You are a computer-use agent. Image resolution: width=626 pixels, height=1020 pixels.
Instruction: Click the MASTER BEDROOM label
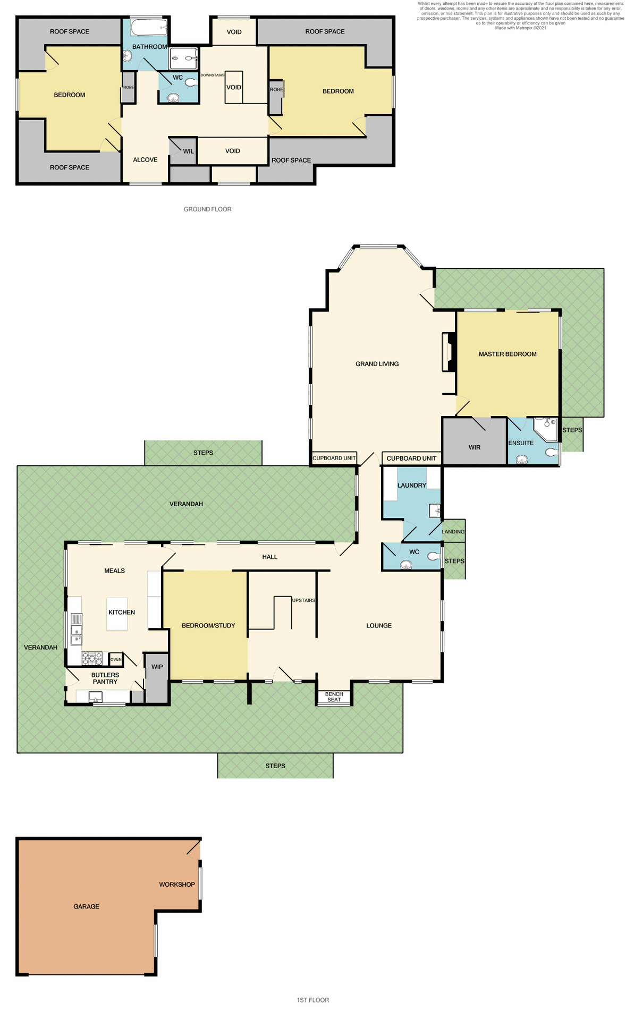tap(507, 354)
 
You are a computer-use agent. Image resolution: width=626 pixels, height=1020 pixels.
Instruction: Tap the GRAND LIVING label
tap(377, 364)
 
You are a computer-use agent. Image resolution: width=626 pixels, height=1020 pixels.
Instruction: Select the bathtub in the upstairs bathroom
tap(149, 27)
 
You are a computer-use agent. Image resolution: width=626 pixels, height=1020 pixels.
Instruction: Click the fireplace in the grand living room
tap(448, 352)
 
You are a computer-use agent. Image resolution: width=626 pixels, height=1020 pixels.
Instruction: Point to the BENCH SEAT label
tap(334, 697)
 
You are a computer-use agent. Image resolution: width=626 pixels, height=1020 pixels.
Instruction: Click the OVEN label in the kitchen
tap(116, 659)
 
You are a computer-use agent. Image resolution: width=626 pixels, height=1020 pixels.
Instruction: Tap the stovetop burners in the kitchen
tap(91, 659)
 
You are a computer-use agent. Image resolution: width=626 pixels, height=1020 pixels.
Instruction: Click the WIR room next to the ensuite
tap(474, 447)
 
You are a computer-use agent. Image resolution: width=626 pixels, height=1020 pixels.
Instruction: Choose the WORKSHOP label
tap(177, 885)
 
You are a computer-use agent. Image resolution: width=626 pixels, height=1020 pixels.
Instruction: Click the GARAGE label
tap(86, 906)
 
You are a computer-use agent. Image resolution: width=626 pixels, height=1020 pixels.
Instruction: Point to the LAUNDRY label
tap(411, 485)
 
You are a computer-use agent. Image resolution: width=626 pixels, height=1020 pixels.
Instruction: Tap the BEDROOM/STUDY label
tap(208, 625)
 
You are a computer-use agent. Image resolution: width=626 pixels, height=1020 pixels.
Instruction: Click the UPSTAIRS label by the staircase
tap(303, 600)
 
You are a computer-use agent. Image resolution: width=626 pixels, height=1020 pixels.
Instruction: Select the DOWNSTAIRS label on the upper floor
tap(212, 75)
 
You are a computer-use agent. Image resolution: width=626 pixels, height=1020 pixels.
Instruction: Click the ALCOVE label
tap(145, 159)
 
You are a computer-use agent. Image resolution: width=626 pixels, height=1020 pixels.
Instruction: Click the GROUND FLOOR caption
tap(207, 209)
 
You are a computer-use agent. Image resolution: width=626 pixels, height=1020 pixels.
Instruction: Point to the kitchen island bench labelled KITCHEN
tap(117, 614)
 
